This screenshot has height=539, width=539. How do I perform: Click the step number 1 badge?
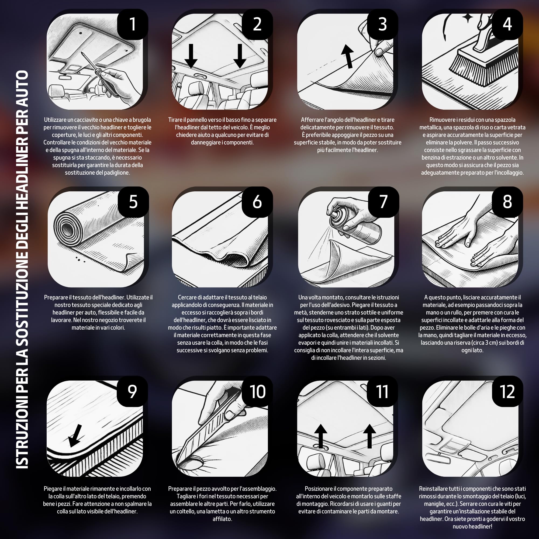pyautogui.click(x=133, y=24)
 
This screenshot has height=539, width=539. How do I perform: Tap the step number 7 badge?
pyautogui.click(x=383, y=202)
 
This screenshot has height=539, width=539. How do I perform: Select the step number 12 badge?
pyautogui.click(x=507, y=391)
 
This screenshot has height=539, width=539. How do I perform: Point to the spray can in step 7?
pyautogui.click(x=354, y=223)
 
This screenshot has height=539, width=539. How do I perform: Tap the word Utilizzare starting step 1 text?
pyautogui.click(x=55, y=120)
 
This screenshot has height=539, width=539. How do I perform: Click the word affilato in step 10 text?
pyautogui.click(x=222, y=519)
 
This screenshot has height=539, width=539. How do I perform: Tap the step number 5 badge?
pyautogui.click(x=133, y=202)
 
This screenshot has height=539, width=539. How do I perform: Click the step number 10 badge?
pyautogui.click(x=257, y=391)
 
